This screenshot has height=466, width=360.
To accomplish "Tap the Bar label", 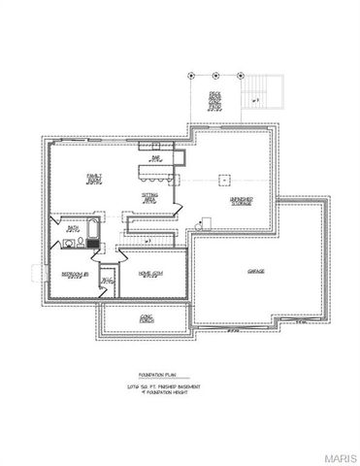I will coord(155,155).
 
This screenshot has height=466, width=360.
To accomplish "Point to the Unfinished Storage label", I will coord(242,201).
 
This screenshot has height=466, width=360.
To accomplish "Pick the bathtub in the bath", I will coord(90,231).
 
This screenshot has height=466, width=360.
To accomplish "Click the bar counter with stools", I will coord(155,174).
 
